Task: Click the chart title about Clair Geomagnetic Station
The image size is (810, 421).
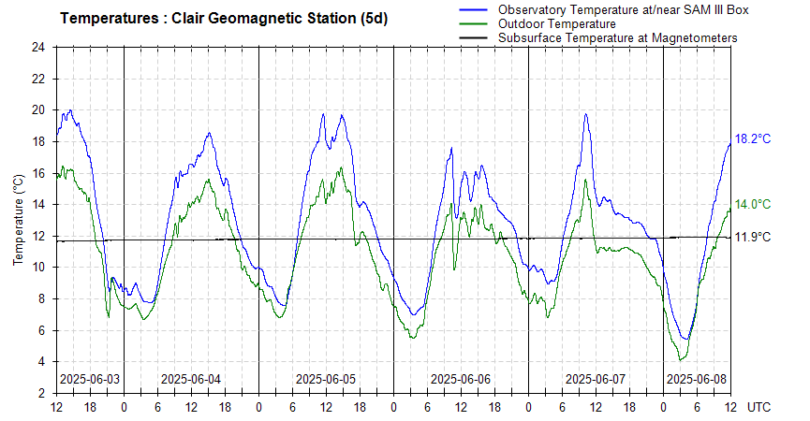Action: pos(223,19)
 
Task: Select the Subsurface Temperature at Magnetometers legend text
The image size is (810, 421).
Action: pos(617,37)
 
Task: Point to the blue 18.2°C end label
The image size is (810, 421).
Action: pos(752,138)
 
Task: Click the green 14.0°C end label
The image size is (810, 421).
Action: pos(752,204)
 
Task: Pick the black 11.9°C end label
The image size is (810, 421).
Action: pos(752,237)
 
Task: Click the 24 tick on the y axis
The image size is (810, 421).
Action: pos(38,47)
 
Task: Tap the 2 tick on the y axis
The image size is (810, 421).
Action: pos(42,393)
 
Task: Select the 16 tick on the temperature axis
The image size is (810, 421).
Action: pos(38,173)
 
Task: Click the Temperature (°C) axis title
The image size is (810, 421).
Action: pos(19,220)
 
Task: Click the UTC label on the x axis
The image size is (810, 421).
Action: pos(759,408)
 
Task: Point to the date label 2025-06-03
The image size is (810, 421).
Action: pos(90,379)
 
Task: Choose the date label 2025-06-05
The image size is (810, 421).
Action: pos(326,379)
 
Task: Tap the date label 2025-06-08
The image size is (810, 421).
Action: pos(696,379)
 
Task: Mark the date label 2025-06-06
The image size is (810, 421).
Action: pos(461,379)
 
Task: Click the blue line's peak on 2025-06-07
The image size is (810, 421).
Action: pos(586,114)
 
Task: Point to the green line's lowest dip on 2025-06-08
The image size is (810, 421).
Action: pos(682,359)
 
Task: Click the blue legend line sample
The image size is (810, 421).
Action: pos(476,9)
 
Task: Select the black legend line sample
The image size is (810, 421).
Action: pos(476,37)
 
